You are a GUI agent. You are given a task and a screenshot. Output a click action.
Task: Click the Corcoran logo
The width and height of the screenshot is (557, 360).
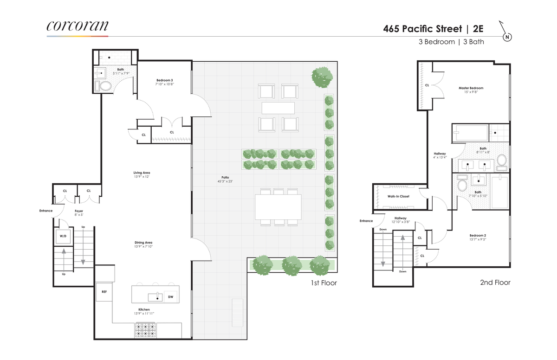coord(78,26)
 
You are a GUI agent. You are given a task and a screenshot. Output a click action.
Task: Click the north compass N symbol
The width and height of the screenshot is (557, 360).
coord(507,37)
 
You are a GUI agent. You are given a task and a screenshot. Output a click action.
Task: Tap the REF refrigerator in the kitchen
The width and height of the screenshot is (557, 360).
coord(104,292)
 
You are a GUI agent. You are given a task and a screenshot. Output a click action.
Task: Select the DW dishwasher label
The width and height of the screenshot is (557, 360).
coord(171,297)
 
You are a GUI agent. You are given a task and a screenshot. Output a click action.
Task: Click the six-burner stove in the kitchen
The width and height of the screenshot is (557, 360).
coord(145,330)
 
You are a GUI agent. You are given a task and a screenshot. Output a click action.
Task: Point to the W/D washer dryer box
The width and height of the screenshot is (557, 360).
coord(63,236)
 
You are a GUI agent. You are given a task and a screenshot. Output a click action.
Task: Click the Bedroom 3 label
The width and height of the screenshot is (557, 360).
coord(165,80)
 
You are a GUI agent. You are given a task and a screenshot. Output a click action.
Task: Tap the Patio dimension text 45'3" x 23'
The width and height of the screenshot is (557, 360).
coord(225,181)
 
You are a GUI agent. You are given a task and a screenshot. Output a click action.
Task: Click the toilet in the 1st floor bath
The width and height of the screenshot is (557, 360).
coord(104,86)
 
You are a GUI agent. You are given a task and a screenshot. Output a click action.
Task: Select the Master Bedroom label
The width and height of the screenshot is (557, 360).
coord(471,88)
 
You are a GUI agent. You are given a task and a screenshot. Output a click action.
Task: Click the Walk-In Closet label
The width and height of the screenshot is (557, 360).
coord(398,196)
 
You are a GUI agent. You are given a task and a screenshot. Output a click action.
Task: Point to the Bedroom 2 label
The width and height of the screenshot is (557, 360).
coord(478,235)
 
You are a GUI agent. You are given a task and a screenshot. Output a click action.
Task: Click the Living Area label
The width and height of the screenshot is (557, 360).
coord(142,173)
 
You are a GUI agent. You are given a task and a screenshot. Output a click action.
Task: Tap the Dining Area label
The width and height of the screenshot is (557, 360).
coord(143,243)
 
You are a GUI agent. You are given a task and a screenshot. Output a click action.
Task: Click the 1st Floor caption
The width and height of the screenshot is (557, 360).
coord(324,283)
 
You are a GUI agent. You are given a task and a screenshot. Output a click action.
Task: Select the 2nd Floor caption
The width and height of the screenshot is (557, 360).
coord(495,283)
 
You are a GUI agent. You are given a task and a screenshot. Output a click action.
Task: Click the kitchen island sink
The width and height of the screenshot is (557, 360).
coord(155,297)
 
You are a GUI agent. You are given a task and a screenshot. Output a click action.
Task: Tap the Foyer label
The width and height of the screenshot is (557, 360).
coord(79,211)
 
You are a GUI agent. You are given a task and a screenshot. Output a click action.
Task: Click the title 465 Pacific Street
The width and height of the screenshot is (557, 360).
coord(422,29)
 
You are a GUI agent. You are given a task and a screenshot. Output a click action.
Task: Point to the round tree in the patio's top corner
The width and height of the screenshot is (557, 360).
coord(322,77)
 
